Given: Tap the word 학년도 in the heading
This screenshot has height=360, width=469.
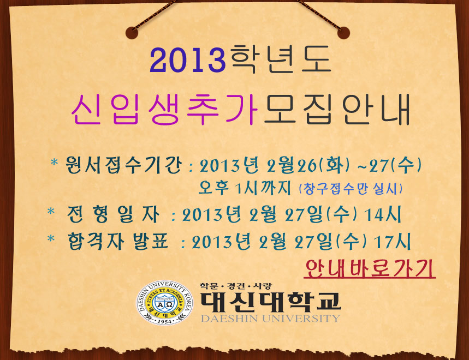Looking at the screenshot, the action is pyautogui.click(x=281, y=59).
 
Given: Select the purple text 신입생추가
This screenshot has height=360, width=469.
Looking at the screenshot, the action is pyautogui.click(x=165, y=109).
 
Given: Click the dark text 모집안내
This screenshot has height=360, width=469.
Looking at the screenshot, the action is pyautogui.click(x=337, y=109).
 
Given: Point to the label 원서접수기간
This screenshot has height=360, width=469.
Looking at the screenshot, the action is pyautogui.click(x=123, y=165).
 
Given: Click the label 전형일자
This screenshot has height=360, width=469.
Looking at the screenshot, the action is pyautogui.click(x=114, y=214).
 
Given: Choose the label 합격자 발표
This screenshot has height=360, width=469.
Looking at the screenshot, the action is pyautogui.click(x=118, y=241).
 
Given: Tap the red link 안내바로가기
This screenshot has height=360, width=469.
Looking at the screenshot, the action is pyautogui.click(x=370, y=269).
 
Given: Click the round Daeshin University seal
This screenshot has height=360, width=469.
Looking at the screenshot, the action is pyautogui.click(x=165, y=303).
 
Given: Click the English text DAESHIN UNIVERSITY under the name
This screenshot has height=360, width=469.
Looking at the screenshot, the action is pyautogui.click(x=270, y=319).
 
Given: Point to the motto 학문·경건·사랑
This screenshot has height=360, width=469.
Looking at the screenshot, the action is pyautogui.click(x=236, y=286).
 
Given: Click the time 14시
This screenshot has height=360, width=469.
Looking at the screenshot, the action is pyautogui.click(x=383, y=214).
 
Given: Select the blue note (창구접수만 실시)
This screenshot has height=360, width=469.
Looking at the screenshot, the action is pyautogui.click(x=351, y=189).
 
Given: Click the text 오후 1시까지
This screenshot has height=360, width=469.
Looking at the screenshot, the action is pyautogui.click(x=245, y=188).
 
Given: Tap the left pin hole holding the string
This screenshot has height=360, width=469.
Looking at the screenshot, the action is pyautogui.click(x=132, y=33).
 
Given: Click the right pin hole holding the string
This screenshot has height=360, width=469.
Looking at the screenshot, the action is pyautogui.click(x=343, y=33).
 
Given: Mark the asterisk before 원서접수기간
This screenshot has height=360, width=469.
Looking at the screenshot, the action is pyautogui.click(x=54, y=163).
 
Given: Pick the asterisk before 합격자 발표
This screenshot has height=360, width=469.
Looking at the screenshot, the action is pyautogui.click(x=51, y=239).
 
